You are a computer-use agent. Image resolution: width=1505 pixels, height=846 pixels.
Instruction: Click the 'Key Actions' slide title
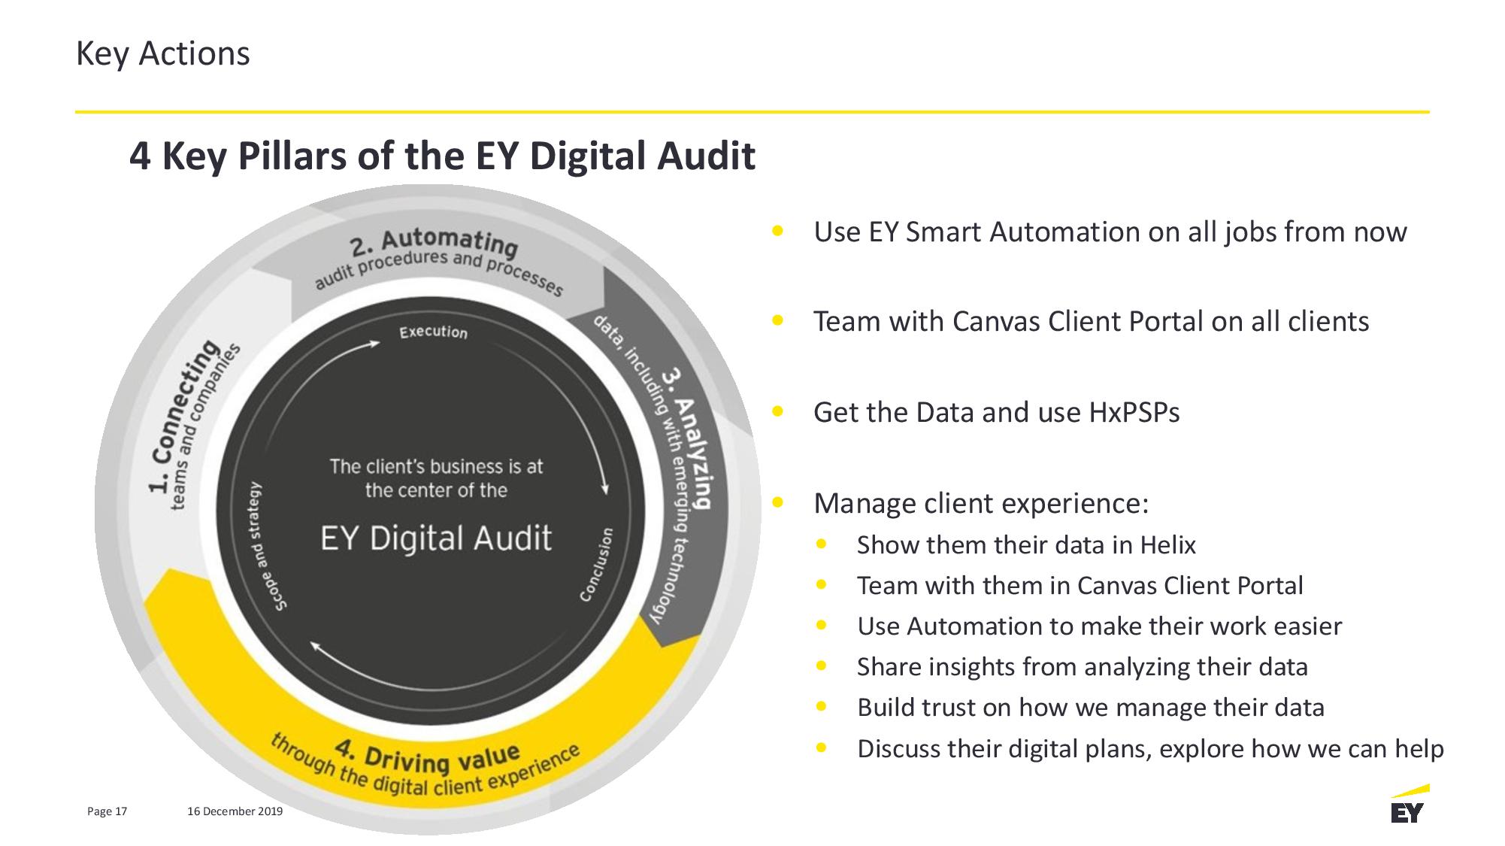(x=162, y=54)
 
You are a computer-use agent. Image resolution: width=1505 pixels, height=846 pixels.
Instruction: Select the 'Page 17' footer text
(x=107, y=811)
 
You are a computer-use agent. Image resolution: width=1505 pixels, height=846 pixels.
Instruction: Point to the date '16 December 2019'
(x=235, y=811)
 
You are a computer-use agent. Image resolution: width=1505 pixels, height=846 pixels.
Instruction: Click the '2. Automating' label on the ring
(x=435, y=241)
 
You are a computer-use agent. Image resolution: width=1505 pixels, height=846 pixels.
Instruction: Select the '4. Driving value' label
(x=427, y=756)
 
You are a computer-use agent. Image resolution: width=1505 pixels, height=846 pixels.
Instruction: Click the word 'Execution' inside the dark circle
(x=433, y=332)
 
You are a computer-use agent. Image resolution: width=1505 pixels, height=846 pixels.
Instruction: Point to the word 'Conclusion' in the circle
(x=596, y=564)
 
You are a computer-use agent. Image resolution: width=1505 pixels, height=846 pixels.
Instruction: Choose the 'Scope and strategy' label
(x=268, y=546)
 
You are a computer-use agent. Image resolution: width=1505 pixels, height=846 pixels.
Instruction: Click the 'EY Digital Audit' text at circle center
(x=436, y=538)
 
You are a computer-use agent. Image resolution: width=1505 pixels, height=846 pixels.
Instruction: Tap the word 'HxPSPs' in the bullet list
(x=1134, y=412)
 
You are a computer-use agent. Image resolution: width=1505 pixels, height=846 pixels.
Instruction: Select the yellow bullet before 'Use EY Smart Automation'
(x=778, y=230)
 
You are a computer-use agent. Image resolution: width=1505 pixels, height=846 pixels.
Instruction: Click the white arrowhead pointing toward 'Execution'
(x=374, y=344)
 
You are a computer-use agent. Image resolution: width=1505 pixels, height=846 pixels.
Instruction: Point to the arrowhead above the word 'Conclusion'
(x=604, y=488)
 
